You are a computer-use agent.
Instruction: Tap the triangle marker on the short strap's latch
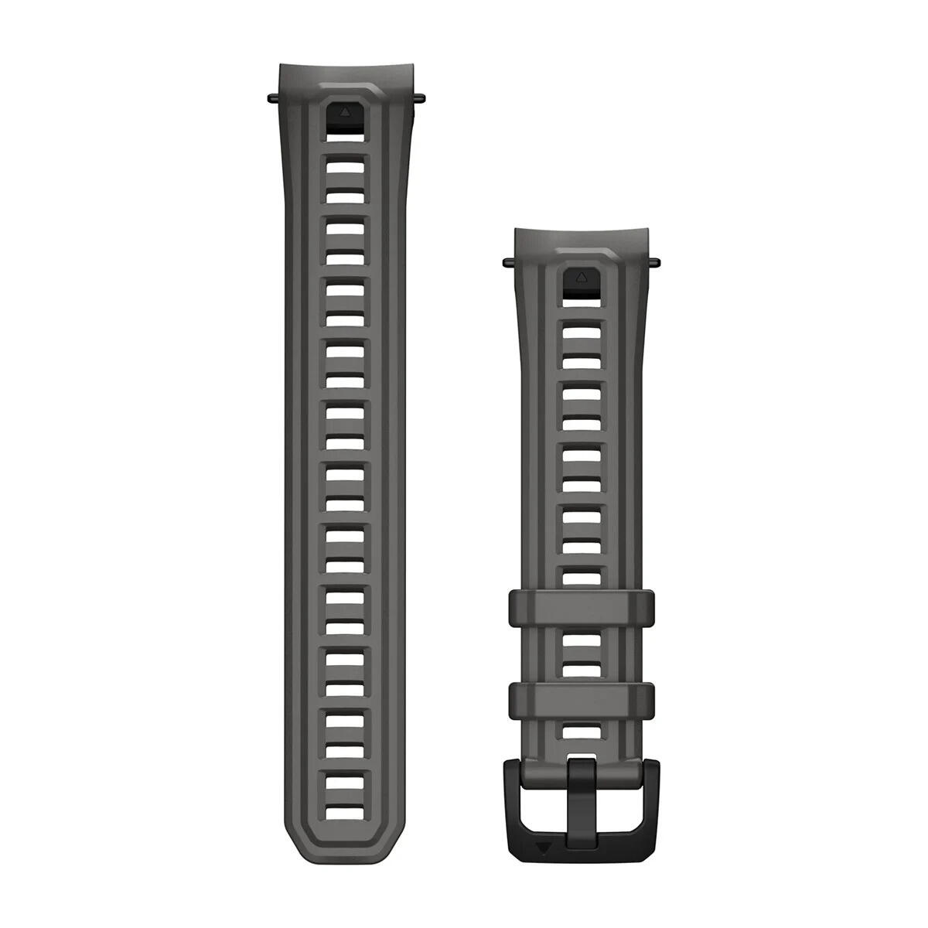[582, 275]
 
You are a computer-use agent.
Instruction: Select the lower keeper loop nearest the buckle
[582, 699]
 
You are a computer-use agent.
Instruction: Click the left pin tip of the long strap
[270, 98]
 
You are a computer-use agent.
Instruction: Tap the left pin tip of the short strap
[507, 261]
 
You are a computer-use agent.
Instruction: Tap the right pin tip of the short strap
[657, 261]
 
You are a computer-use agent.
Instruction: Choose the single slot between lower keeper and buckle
[582, 732]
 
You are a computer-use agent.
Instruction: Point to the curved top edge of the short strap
[582, 229]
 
